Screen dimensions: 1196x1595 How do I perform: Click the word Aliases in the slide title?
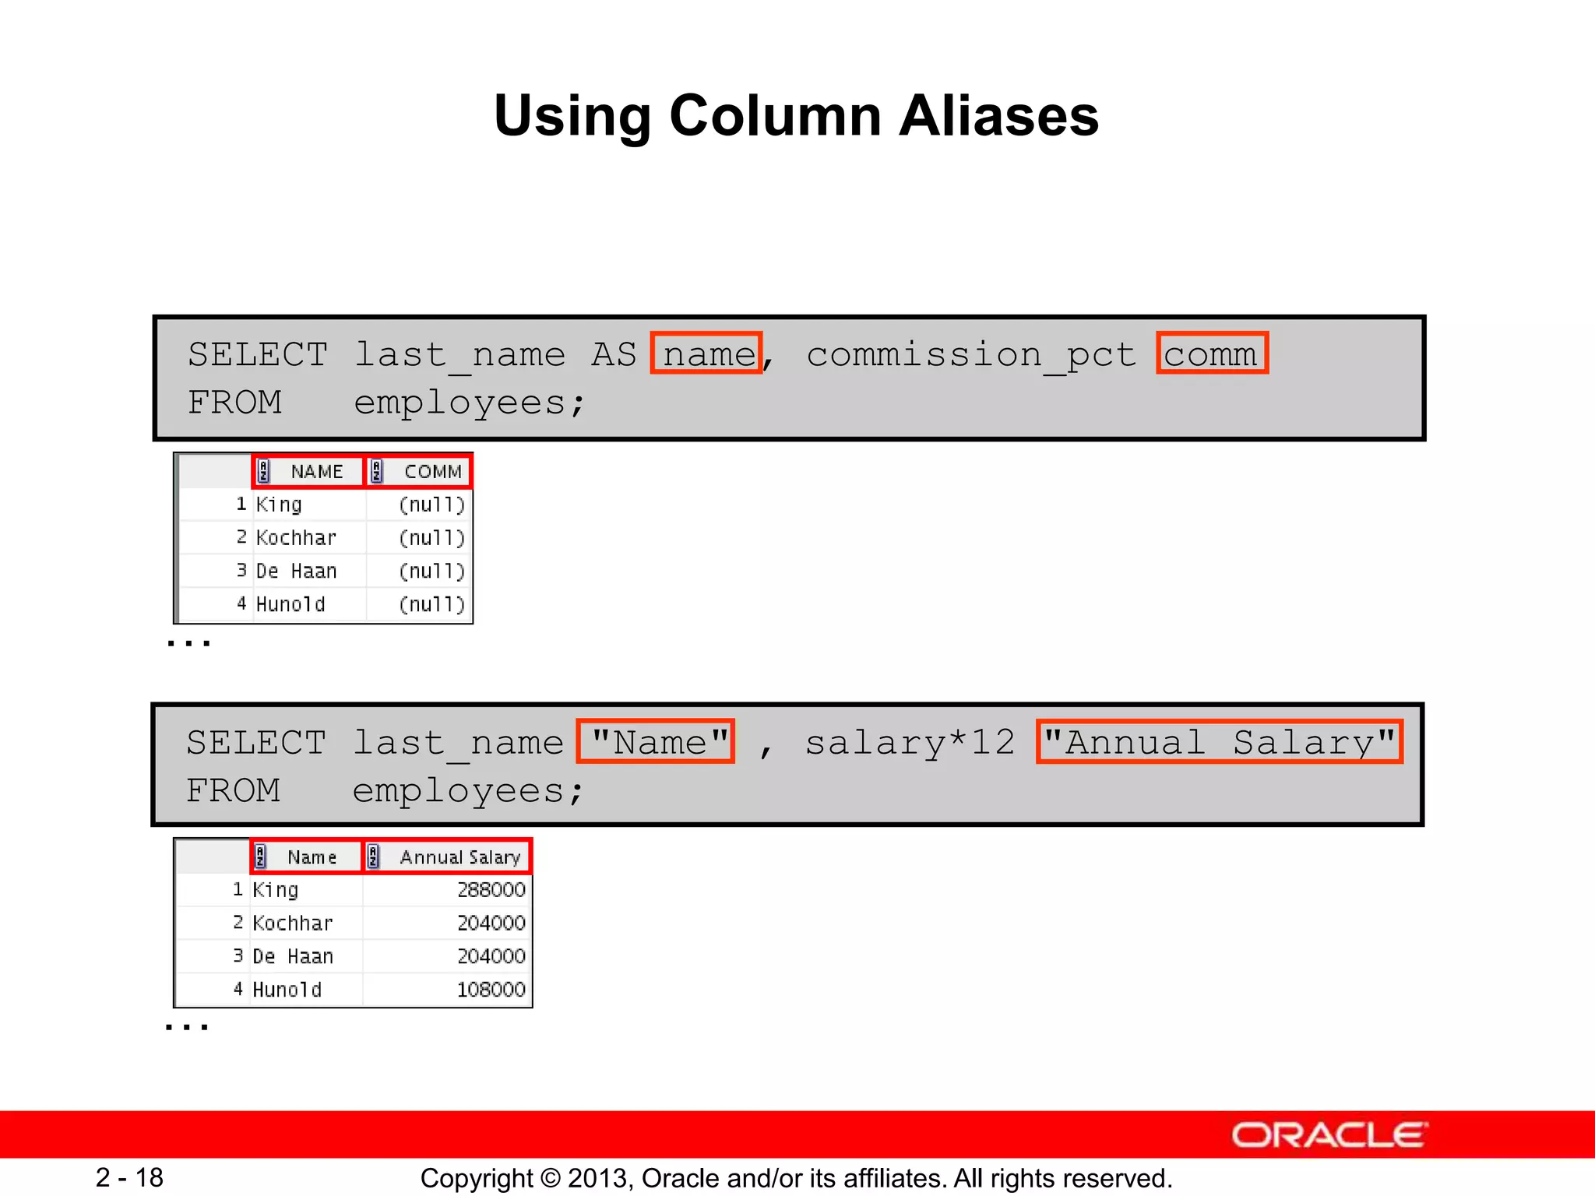(x=998, y=117)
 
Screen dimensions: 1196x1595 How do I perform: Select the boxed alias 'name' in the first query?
(x=707, y=354)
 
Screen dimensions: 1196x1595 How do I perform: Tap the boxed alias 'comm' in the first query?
(x=1211, y=354)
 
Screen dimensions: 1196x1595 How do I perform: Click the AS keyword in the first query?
(x=614, y=354)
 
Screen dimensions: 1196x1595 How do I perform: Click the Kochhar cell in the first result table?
(x=296, y=538)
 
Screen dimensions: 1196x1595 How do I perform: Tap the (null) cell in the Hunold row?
(x=431, y=604)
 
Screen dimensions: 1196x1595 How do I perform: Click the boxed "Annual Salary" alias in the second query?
(x=1219, y=742)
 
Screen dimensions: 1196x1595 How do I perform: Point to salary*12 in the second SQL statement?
(x=910, y=743)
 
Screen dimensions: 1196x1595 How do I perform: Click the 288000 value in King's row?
(x=491, y=890)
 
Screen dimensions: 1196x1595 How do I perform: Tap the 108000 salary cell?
(x=491, y=990)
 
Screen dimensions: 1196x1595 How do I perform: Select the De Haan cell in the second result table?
(x=293, y=956)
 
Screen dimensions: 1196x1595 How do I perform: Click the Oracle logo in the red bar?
(x=1329, y=1135)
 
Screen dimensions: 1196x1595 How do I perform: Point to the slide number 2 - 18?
(x=129, y=1177)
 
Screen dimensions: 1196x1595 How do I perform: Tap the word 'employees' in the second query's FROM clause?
(x=458, y=792)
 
